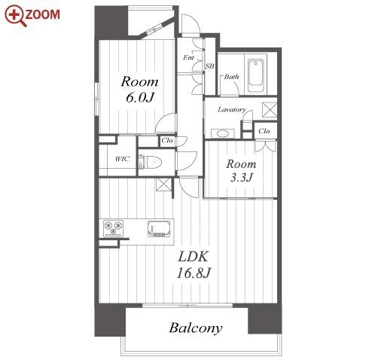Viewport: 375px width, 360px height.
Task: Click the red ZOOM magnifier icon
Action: (x=16, y=16)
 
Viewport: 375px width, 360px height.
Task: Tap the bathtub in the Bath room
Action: (x=255, y=75)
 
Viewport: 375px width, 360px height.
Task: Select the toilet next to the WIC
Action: (x=150, y=163)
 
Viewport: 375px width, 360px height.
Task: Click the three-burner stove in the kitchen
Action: (x=114, y=228)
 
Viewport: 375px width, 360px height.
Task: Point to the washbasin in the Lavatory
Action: (x=223, y=133)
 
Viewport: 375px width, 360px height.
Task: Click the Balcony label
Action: (x=196, y=328)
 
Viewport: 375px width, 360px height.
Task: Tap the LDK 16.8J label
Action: (x=194, y=265)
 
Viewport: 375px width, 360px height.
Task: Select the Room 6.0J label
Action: (x=139, y=90)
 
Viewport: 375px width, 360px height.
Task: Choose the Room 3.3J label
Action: (x=241, y=171)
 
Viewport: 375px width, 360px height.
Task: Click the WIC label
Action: (x=122, y=159)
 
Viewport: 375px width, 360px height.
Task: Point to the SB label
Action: (x=210, y=66)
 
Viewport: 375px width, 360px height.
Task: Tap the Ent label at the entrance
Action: (x=188, y=57)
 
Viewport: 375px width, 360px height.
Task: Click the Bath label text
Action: (x=231, y=77)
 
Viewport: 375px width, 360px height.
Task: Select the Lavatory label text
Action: (x=232, y=110)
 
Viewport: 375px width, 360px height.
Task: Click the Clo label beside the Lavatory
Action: (x=264, y=131)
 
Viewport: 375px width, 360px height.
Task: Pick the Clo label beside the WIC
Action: (x=167, y=141)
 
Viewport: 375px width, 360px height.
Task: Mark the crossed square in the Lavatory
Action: (x=270, y=110)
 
